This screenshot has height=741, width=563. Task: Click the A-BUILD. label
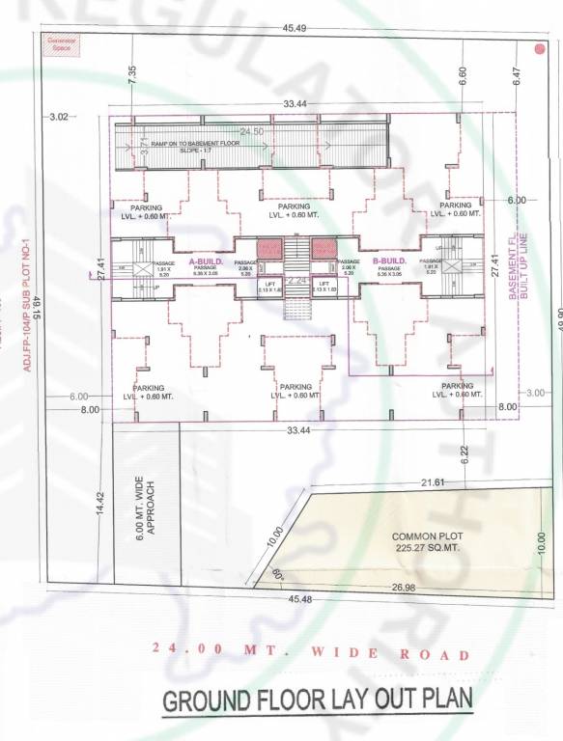tap(207, 261)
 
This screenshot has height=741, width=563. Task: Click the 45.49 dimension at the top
tap(296, 29)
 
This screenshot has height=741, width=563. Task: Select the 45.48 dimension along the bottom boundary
tap(299, 598)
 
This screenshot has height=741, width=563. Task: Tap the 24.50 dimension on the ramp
tap(252, 131)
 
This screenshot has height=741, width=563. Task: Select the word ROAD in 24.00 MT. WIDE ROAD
tap(435, 654)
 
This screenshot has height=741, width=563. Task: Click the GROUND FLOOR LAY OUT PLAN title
tap(318, 701)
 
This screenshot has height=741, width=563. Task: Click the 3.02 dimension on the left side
tap(58, 117)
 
